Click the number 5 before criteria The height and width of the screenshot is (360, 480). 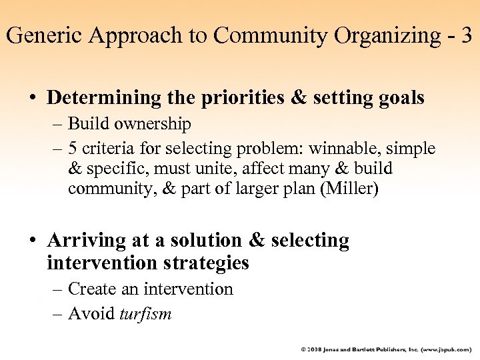point(73,148)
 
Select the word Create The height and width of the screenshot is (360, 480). point(88,289)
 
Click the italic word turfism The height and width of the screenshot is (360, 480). point(145,313)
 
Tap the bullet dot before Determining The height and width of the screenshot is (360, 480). point(32,99)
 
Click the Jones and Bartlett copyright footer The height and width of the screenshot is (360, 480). point(386,349)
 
